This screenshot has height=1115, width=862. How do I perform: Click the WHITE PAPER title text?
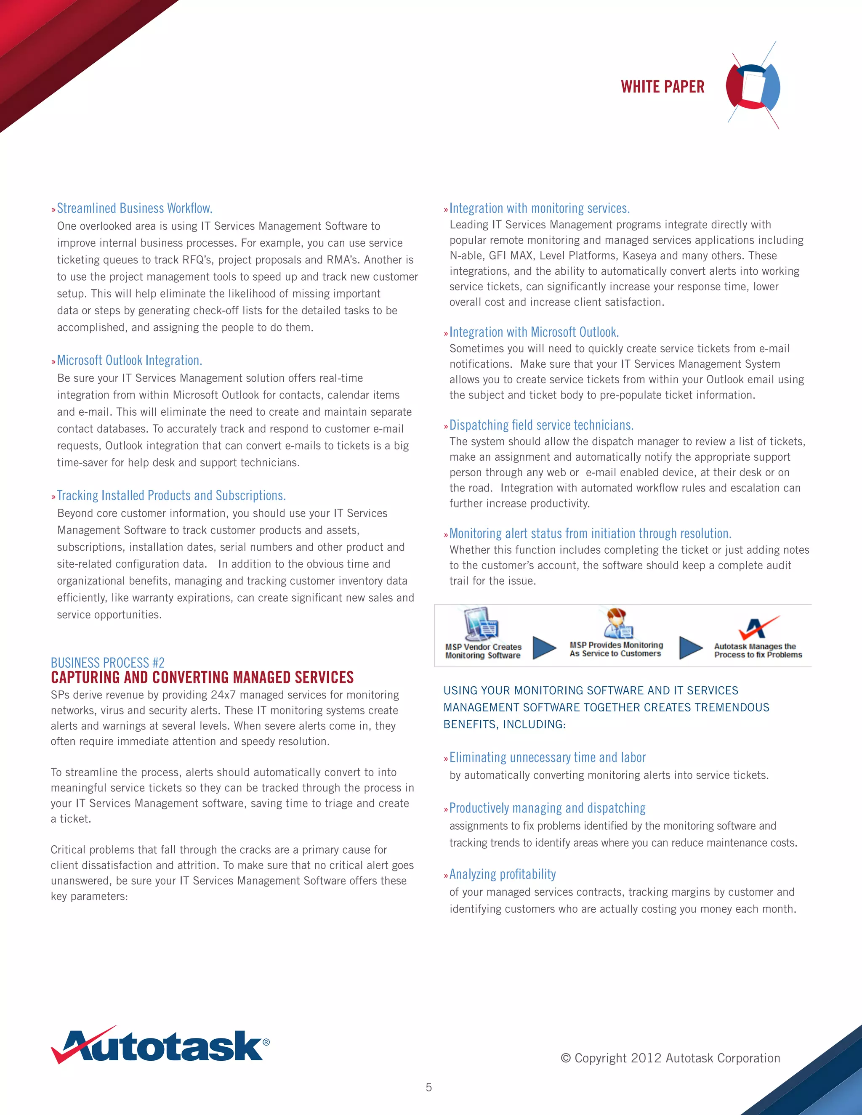662,87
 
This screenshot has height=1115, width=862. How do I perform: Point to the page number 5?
429,1087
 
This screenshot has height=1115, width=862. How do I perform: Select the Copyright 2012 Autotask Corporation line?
670,1058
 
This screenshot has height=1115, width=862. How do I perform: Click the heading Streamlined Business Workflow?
134,208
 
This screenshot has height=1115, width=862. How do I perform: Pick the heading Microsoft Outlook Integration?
129,361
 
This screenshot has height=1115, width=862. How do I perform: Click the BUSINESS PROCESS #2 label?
108,663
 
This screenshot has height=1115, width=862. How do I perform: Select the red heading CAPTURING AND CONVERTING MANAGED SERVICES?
202,677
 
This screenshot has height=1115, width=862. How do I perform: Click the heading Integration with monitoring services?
539,208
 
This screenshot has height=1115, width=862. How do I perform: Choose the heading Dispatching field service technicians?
541,425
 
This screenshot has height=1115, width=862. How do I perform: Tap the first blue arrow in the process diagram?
544,648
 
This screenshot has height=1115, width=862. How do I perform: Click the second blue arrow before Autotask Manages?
691,648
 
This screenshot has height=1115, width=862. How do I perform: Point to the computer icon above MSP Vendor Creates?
481,624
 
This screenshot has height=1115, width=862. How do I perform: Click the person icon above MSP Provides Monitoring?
617,623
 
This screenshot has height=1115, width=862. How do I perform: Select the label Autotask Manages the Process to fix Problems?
757,650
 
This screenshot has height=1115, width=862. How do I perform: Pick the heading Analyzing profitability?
503,875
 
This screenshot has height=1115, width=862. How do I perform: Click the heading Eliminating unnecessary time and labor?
548,758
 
